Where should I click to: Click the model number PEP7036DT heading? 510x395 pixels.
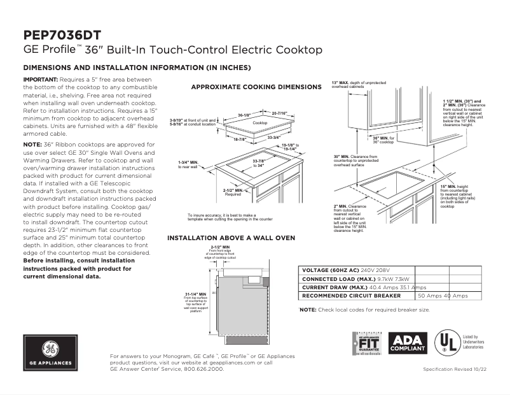point(61,35)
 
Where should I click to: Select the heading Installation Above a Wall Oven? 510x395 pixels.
point(231,238)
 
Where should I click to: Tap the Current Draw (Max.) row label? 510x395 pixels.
point(338,287)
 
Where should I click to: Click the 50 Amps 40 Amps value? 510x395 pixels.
point(443,296)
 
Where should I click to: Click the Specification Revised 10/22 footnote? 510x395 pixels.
point(454,370)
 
